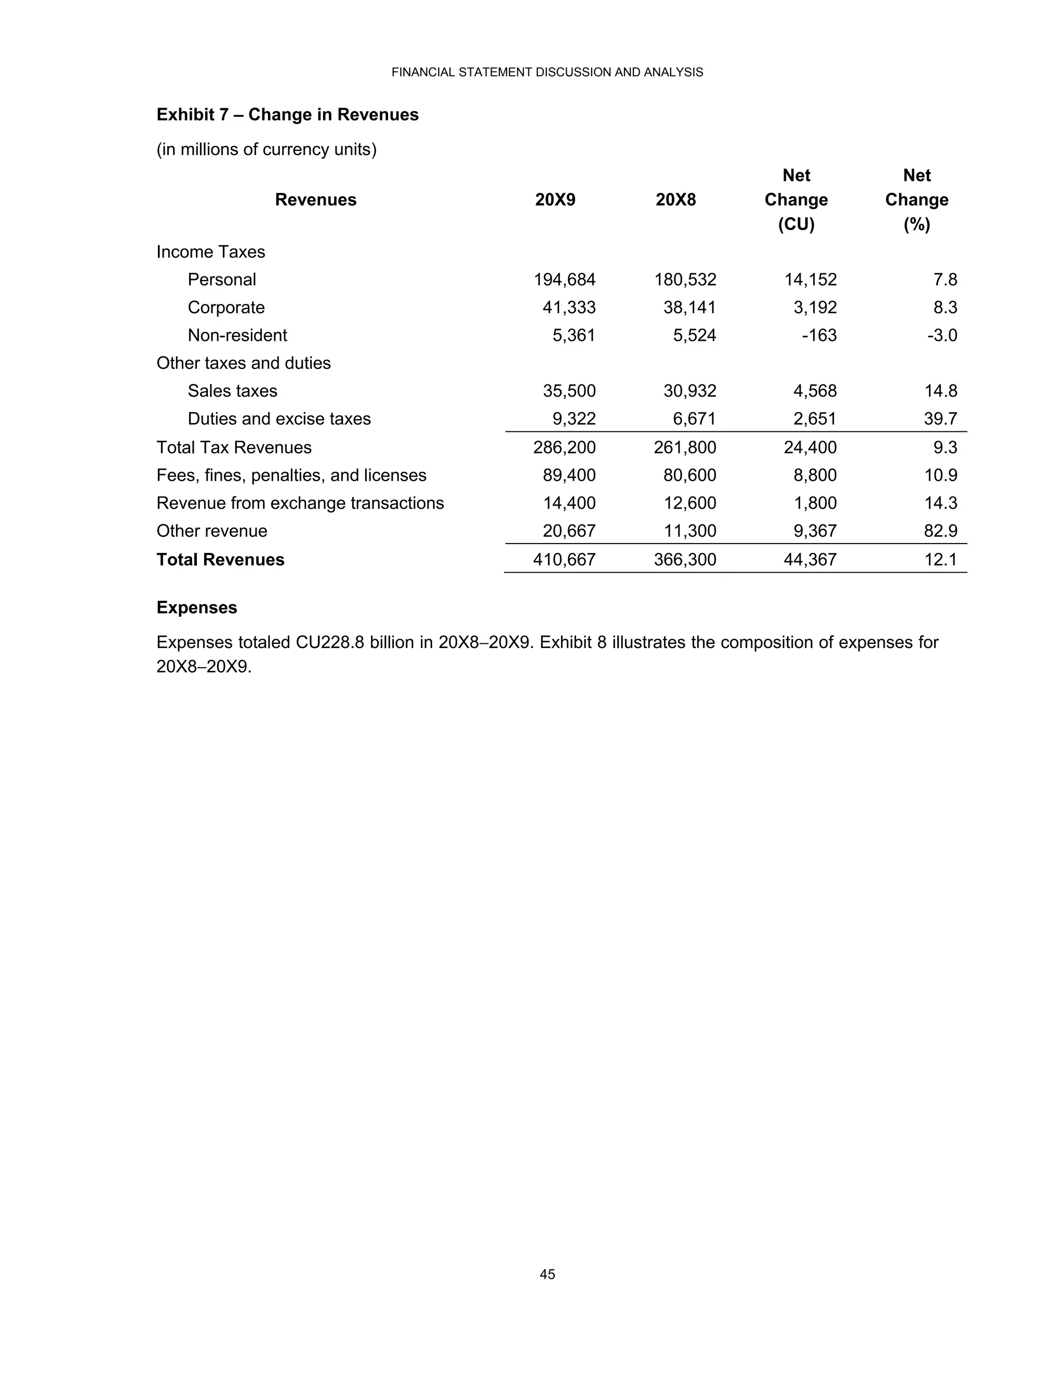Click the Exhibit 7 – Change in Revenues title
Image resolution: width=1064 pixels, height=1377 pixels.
pos(287,115)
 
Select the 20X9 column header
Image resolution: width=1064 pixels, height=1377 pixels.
pos(555,200)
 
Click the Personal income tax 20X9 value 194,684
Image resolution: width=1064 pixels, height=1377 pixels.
pos(564,280)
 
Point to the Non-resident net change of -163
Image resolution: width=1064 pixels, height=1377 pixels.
pos(819,336)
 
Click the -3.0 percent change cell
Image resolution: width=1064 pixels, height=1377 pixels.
pos(942,336)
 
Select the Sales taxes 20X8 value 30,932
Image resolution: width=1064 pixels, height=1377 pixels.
pos(689,391)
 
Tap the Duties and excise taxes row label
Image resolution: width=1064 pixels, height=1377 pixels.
pos(278,419)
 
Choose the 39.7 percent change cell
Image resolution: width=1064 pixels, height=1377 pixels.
pos(940,419)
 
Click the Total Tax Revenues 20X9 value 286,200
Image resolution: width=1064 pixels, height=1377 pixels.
pos(564,447)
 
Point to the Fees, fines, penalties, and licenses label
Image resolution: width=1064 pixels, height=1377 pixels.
pos(291,475)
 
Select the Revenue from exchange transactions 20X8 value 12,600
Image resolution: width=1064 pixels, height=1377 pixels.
pos(689,503)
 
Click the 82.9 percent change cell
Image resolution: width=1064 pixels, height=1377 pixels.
pos(940,531)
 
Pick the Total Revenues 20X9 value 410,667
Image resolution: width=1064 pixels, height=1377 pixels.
pos(564,560)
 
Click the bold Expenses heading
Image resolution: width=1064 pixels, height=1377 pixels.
pos(197,608)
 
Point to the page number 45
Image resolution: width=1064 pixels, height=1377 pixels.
pos(547,1274)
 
